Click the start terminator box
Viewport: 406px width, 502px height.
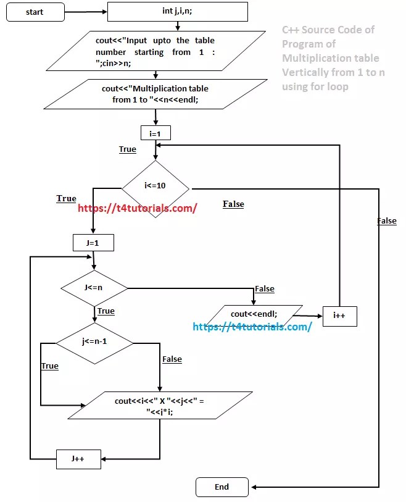click(x=35, y=12)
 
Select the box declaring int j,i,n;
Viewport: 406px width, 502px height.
click(x=177, y=11)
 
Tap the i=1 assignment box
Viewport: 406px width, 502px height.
click(x=155, y=133)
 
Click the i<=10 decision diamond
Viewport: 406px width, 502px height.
click(x=155, y=185)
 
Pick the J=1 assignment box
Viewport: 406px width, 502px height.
click(x=94, y=243)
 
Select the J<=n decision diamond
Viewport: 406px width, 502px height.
click(x=94, y=288)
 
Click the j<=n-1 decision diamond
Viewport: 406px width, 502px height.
click(x=94, y=341)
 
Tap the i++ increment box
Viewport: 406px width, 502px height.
click(x=339, y=316)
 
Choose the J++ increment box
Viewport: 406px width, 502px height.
click(x=78, y=459)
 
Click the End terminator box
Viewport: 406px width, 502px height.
click(x=222, y=487)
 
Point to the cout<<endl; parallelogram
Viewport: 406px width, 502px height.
click(x=254, y=314)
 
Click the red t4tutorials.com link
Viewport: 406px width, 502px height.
click(x=138, y=208)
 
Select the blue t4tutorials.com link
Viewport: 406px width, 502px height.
click(x=252, y=327)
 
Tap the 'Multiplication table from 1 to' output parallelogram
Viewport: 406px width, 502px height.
click(x=155, y=93)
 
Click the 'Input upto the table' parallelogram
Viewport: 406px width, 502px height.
click(x=155, y=52)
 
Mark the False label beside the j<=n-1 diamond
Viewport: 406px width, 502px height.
click(x=172, y=359)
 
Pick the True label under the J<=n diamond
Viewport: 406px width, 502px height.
click(x=106, y=311)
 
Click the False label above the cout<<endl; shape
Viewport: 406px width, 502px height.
click(x=264, y=288)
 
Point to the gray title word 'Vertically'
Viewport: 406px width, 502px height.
click(x=305, y=72)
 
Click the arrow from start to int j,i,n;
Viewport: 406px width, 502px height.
click(x=86, y=12)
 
